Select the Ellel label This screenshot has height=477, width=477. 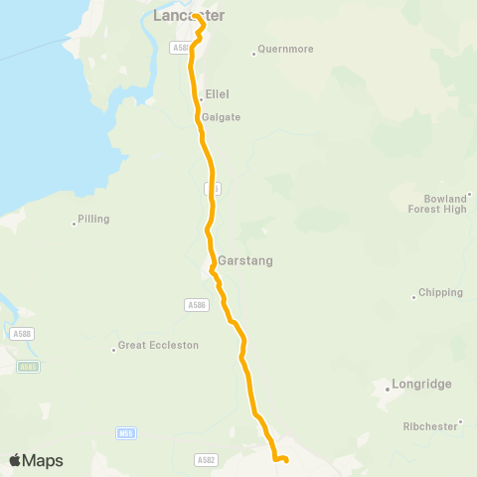217,94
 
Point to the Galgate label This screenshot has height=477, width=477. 221,116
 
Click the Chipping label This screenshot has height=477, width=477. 441,292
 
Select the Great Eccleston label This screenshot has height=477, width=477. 158,346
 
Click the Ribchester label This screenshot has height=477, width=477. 430,425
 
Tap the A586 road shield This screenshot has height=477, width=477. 196,304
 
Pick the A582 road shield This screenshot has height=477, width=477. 206,460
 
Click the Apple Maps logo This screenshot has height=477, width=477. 37,460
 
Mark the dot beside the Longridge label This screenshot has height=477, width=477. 387,389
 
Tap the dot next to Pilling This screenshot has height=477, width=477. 75,223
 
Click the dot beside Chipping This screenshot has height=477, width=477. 413,296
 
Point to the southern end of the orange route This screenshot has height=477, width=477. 285,460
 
